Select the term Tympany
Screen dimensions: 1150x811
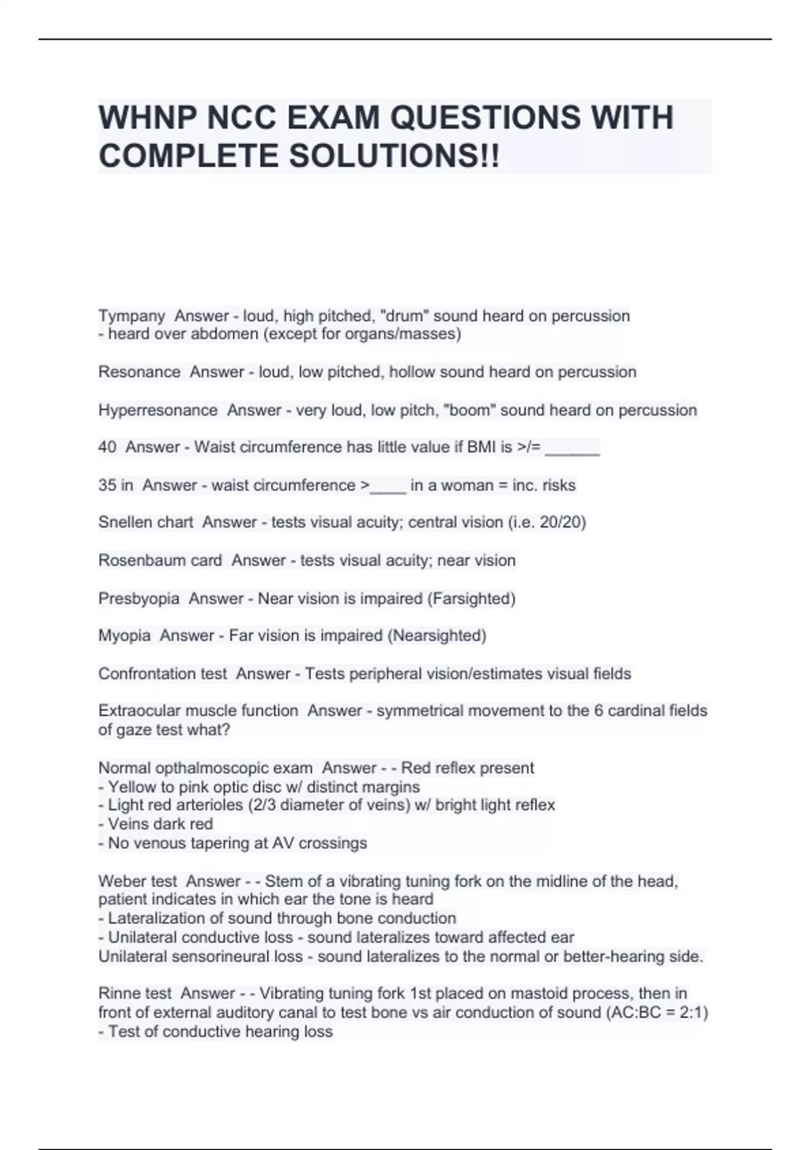(x=132, y=316)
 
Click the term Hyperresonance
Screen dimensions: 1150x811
(x=158, y=410)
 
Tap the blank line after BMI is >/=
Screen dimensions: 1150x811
(x=572, y=448)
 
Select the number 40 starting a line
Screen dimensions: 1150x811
(x=107, y=447)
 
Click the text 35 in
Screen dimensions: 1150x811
(x=116, y=485)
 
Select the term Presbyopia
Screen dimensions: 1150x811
(x=139, y=599)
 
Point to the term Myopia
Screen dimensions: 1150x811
(x=124, y=636)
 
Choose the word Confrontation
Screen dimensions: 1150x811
(x=139, y=674)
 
